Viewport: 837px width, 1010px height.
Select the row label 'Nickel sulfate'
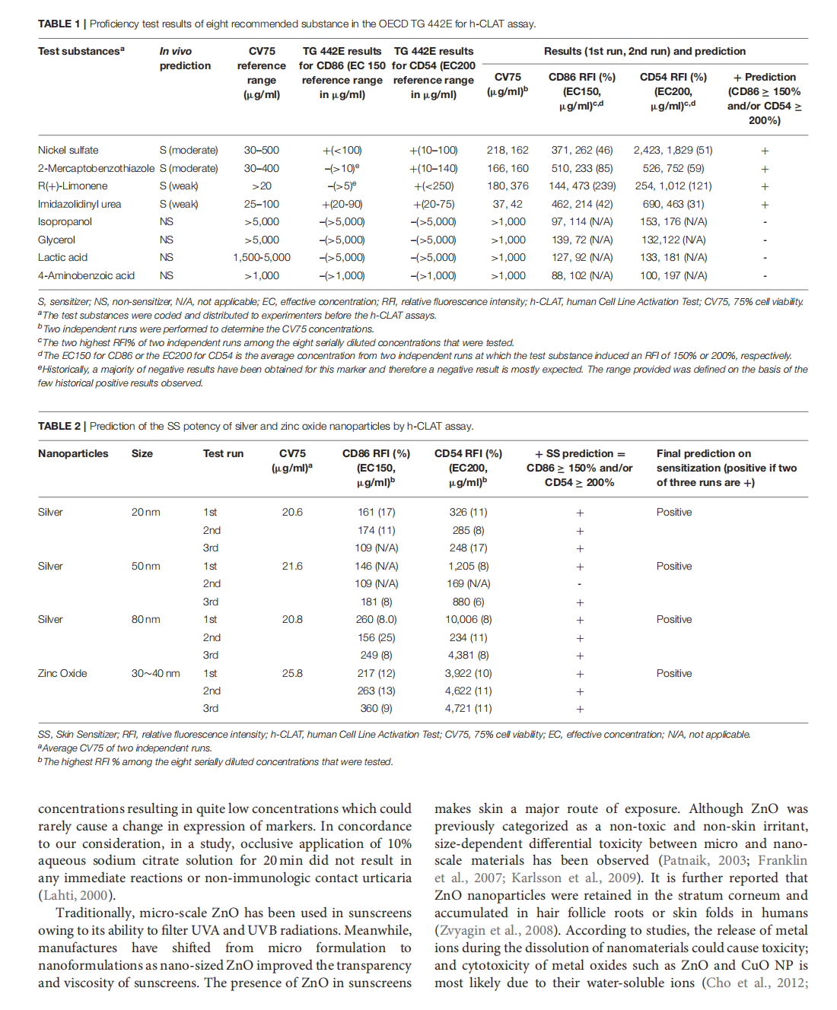pos(68,150)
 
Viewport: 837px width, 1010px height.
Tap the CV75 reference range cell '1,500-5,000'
pos(261,257)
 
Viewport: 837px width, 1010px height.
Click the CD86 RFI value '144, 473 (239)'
pos(582,186)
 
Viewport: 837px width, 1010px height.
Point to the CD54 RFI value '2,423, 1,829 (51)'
pos(673,150)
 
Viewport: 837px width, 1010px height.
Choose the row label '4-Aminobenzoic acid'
pos(86,275)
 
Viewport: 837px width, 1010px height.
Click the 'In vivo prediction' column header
pos(185,59)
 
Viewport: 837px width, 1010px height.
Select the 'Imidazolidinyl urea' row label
pos(79,204)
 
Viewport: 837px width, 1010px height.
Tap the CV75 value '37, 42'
pos(508,204)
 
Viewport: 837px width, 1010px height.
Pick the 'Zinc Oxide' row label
pos(62,673)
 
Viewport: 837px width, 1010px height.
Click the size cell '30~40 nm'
pos(155,673)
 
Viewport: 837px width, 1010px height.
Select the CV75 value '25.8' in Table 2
pos(292,673)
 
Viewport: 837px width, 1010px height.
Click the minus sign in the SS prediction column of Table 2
pos(580,584)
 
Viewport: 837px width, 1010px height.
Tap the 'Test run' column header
pos(223,453)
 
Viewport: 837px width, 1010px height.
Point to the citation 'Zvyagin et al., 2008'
pos(495,930)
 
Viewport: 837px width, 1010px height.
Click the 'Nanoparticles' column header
pos(73,453)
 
